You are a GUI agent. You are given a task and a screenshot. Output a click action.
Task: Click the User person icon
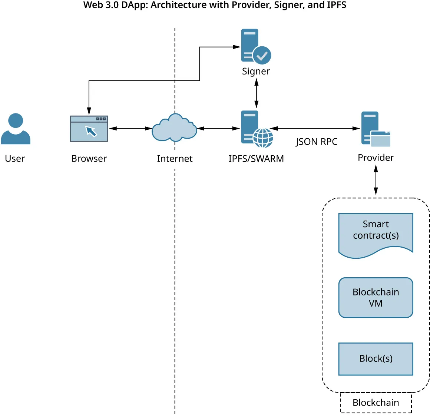tap(16, 129)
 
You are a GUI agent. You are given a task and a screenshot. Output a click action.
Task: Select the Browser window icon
tap(89, 129)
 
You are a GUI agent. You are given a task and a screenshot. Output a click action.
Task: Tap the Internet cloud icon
tap(174, 128)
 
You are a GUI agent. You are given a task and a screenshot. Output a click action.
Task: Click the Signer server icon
tap(255, 46)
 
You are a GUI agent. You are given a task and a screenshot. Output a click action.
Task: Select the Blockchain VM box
tap(376, 298)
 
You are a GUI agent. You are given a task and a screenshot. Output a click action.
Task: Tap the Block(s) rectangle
tap(376, 359)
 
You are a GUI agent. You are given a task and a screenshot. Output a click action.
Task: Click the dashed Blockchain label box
tap(376, 403)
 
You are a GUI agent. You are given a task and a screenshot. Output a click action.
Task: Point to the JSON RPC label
tap(316, 142)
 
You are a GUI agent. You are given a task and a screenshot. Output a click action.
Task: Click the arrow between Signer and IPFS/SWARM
tap(256, 94)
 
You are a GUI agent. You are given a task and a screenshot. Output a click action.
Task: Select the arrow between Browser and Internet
tap(130, 129)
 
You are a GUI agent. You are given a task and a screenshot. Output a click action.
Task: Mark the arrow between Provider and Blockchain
tap(376, 180)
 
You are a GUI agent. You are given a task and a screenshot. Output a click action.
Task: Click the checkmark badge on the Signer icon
tap(262, 56)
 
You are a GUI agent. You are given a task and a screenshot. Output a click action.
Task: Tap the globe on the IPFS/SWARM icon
tap(263, 138)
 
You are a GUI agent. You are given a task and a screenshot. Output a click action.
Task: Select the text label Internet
tap(175, 159)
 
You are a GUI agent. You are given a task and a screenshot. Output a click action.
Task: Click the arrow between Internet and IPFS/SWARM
tap(219, 129)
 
